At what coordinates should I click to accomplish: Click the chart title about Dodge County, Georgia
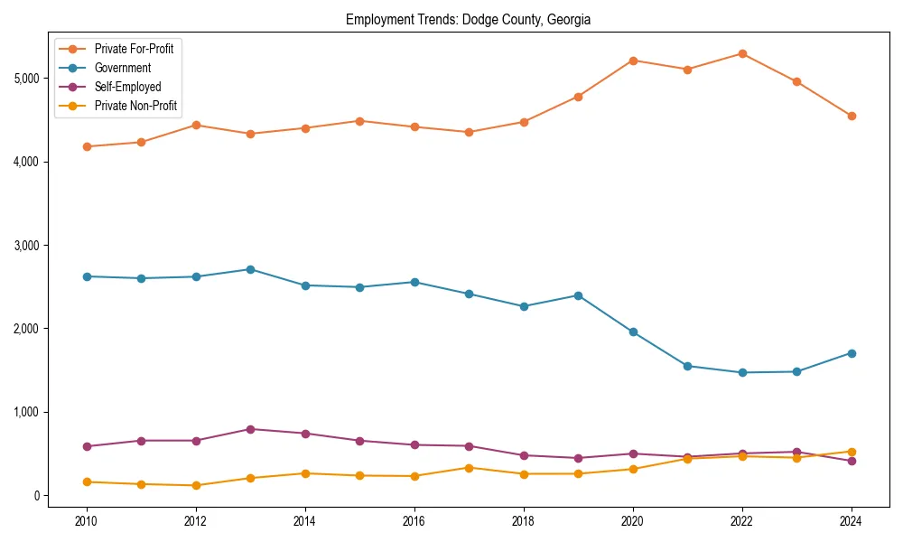468,19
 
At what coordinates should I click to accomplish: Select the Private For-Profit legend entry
135,49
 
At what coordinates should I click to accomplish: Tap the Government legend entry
122,68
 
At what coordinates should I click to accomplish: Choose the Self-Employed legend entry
127,87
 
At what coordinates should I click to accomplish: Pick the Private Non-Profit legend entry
135,106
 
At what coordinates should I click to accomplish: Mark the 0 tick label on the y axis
35,496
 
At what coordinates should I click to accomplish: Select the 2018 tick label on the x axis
524,521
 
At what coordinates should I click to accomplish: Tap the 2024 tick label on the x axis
852,521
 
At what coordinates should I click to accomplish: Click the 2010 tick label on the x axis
87,521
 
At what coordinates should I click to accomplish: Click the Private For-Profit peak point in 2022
742,53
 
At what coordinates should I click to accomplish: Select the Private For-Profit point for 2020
633,61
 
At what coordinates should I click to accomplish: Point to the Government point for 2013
250,269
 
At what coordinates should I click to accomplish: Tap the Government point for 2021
687,366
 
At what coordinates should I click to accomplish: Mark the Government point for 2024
852,353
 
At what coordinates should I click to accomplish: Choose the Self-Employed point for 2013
250,429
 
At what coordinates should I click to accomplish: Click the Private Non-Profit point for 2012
196,485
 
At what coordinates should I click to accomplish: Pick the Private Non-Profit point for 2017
469,468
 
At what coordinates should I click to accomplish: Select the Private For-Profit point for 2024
852,116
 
